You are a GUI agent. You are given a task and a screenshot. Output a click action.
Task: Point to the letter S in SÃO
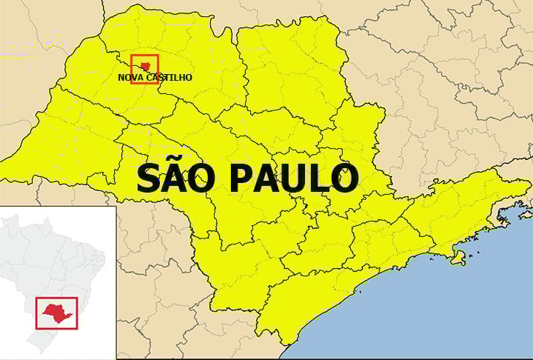pos(149,179)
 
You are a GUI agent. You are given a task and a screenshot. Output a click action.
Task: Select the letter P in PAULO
pos(242,179)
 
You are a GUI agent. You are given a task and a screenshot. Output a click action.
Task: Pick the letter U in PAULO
pos(295,179)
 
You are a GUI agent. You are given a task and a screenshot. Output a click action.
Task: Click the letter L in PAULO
pos(320,179)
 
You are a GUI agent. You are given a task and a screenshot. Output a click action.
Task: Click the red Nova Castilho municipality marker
pos(145,65)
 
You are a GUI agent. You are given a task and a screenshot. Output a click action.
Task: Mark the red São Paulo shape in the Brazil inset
pos(56,310)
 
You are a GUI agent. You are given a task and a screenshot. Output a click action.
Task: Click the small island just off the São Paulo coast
pos(458,258)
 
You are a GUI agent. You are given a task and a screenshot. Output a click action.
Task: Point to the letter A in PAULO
pos(268,179)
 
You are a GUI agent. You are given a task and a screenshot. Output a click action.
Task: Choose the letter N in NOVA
pos(121,77)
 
